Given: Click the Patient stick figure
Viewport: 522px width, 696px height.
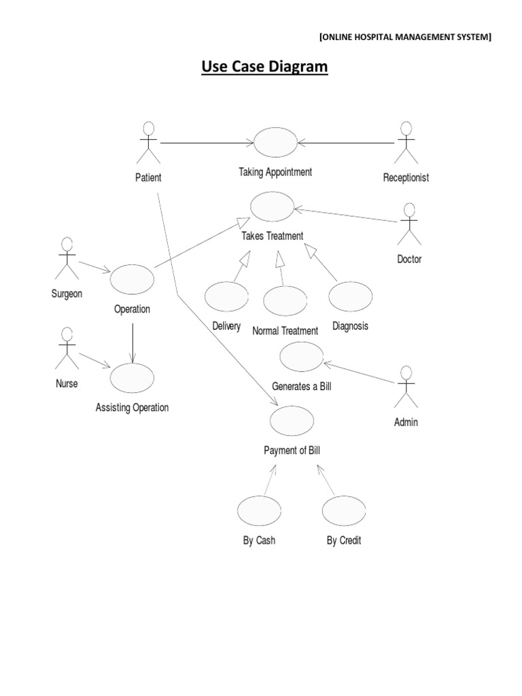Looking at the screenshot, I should (148, 143).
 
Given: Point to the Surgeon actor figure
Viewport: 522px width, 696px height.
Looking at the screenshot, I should (66, 258).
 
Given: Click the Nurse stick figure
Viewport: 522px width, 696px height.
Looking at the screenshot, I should (66, 349).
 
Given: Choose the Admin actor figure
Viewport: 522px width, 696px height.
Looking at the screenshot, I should (406, 387).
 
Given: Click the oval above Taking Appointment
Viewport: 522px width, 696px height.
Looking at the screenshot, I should (275, 142).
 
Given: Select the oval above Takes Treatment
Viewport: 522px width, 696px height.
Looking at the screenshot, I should (273, 207).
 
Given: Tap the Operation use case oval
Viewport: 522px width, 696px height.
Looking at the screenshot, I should (132, 279).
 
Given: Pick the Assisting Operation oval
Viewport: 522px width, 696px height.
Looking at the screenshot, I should (132, 378).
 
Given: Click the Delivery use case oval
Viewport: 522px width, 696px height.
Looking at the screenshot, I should (226, 296).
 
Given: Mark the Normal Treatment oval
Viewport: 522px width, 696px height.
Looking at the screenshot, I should (285, 300).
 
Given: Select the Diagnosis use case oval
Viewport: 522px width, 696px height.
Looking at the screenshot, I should (351, 296).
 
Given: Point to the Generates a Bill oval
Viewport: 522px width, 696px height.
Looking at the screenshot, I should (301, 357).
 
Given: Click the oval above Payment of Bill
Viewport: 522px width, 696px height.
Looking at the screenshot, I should (292, 420).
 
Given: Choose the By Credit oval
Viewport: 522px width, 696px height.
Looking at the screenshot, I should (344, 511).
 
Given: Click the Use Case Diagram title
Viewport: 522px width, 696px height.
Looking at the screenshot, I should (264, 68).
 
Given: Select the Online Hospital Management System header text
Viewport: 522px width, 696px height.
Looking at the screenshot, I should (404, 37).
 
